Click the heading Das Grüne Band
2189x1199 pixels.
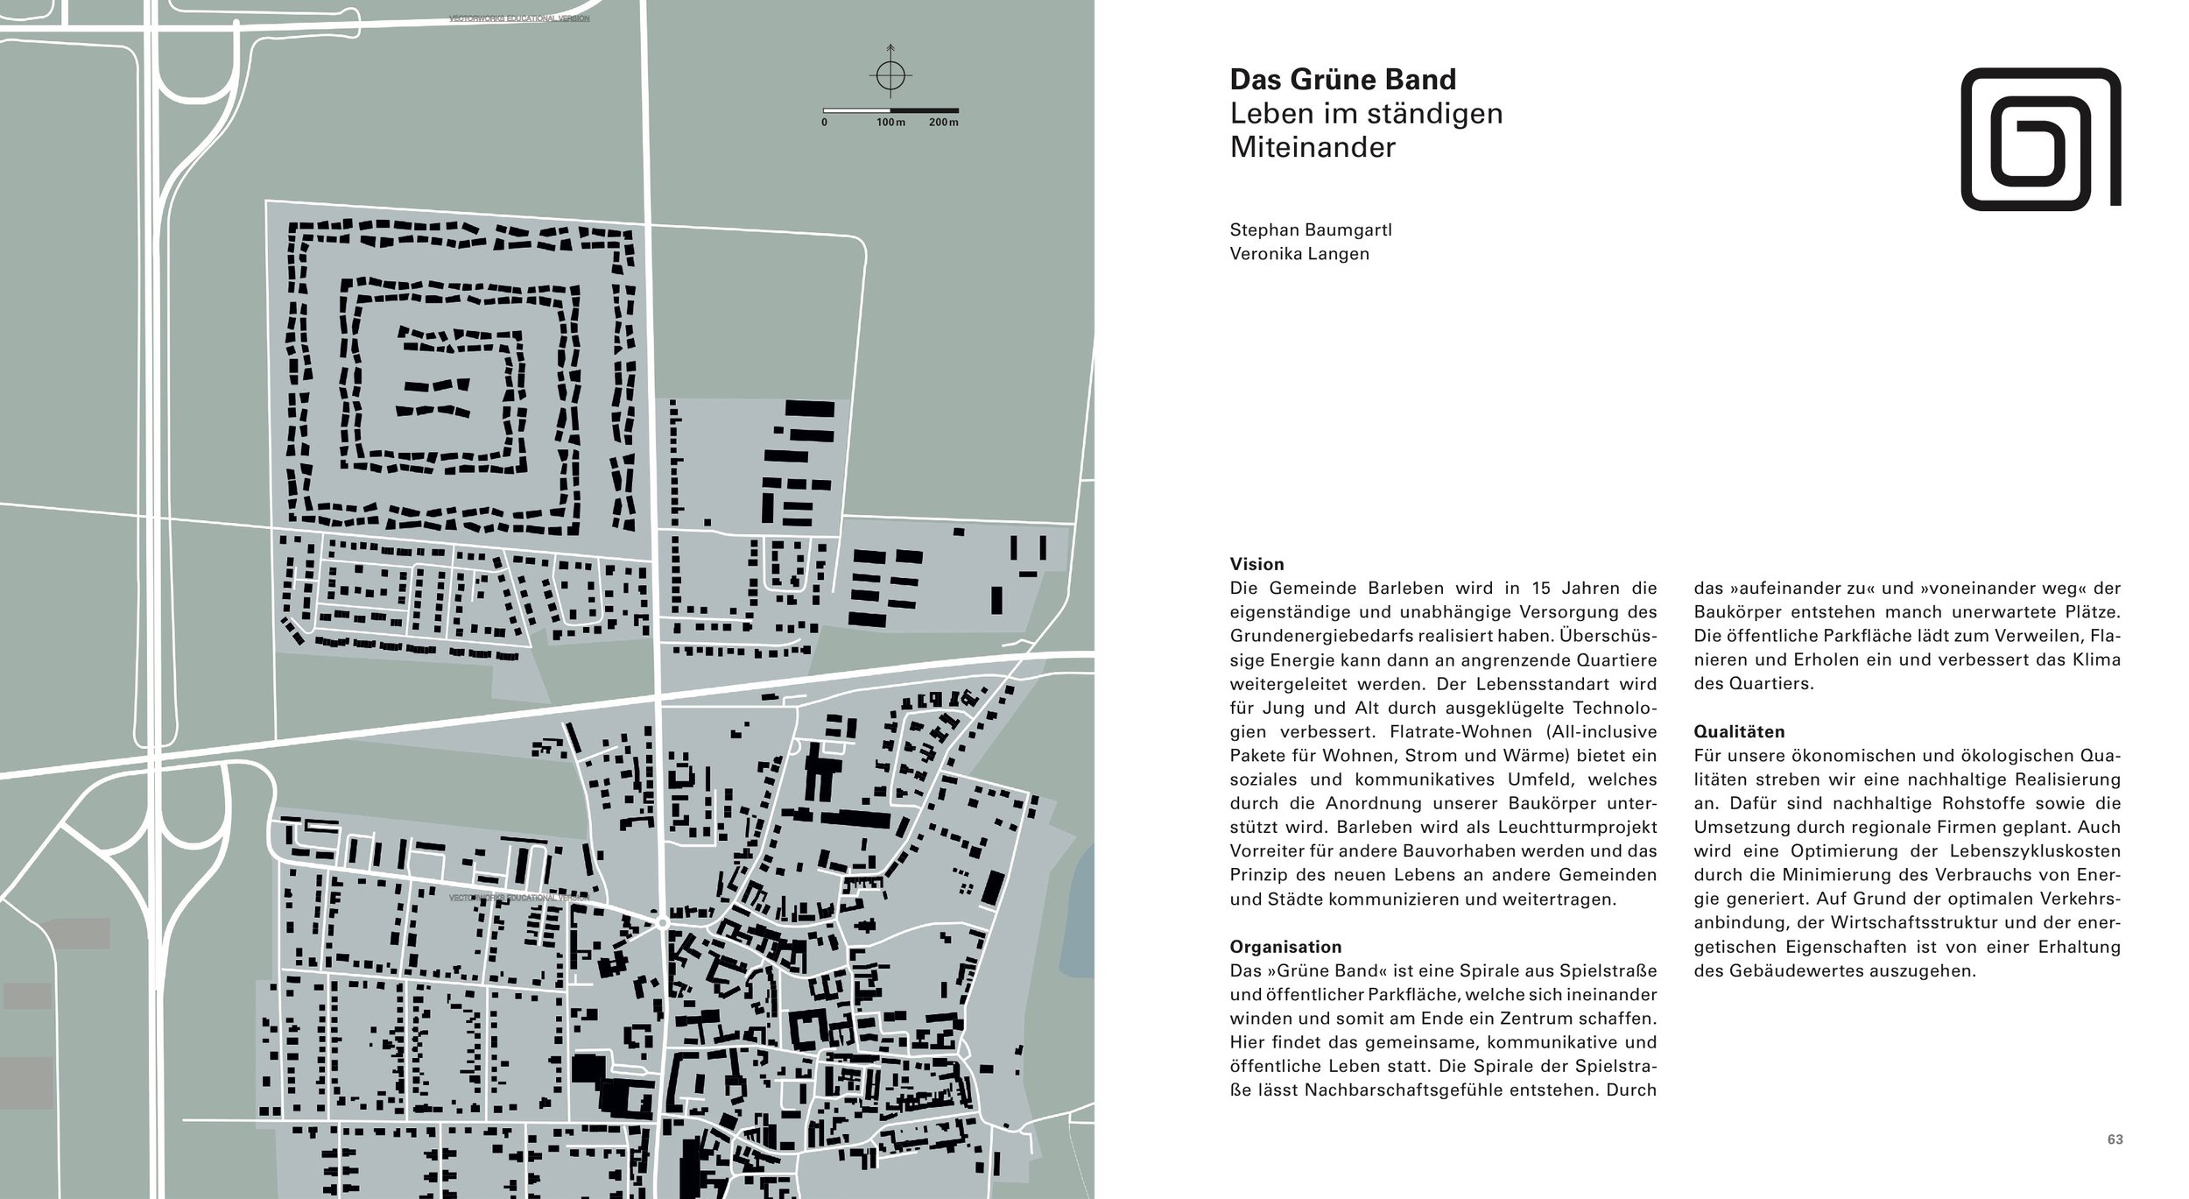[1342, 80]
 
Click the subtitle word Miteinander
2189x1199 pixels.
[1312, 148]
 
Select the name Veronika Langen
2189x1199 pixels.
[1299, 254]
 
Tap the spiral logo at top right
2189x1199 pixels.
[2040, 139]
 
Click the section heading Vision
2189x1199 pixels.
[1256, 564]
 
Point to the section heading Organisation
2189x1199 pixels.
[1285, 947]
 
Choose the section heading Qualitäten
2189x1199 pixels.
[1738, 731]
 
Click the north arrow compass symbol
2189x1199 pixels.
[890, 76]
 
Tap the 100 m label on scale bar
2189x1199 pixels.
[890, 123]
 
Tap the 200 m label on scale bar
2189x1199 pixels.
[943, 123]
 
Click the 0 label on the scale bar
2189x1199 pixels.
[824, 123]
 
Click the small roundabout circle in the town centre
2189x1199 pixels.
[663, 923]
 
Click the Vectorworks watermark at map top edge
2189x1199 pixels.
[518, 18]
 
